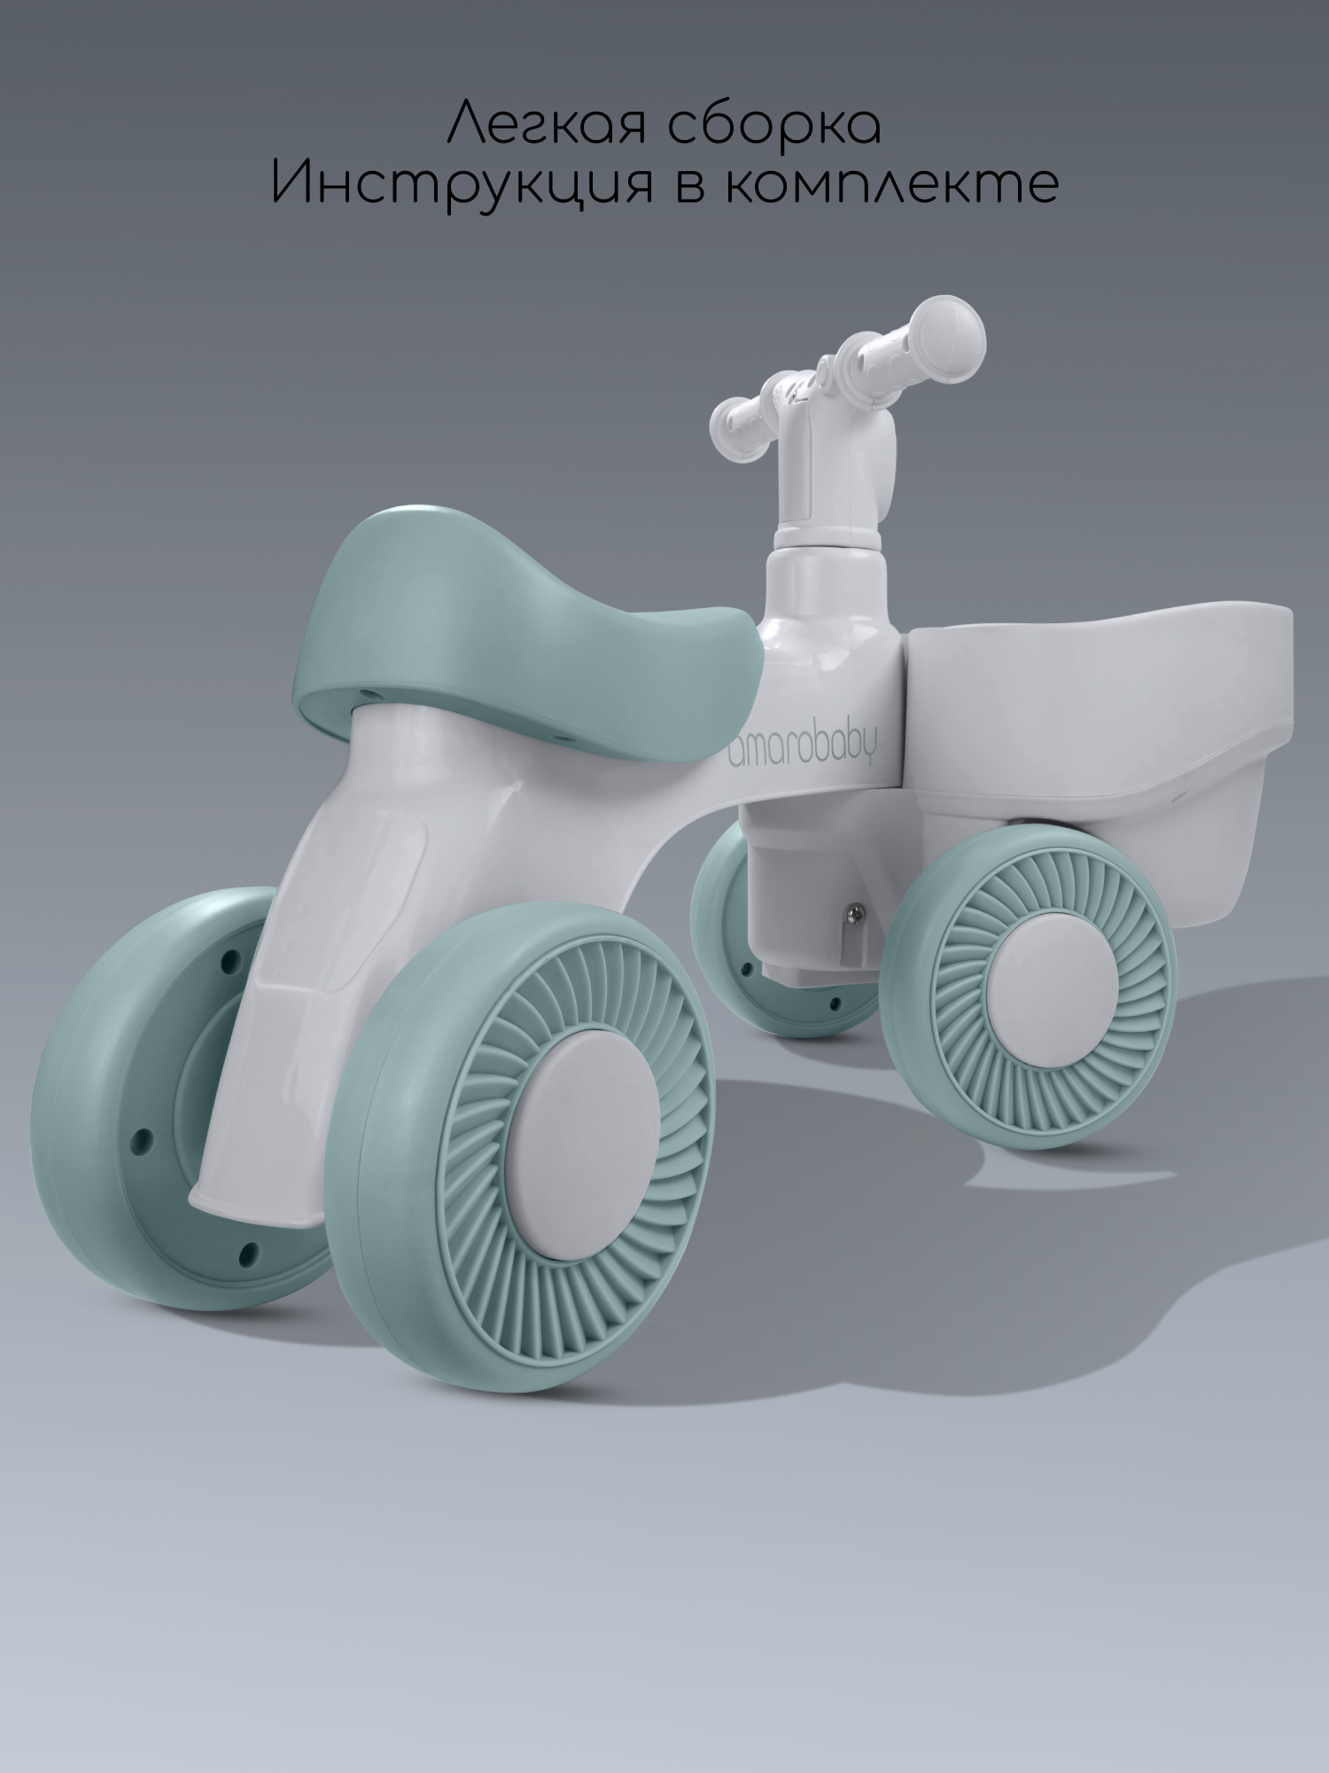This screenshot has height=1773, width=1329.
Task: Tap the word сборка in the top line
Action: tap(768, 123)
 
